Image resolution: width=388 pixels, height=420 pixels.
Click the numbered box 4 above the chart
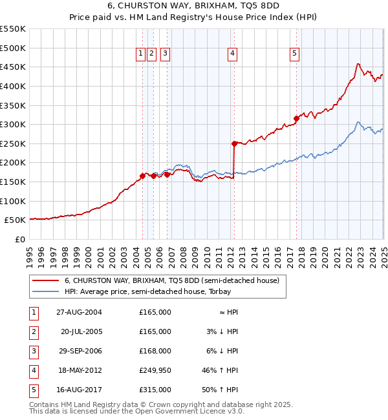(232, 54)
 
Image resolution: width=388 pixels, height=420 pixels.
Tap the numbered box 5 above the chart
(294, 54)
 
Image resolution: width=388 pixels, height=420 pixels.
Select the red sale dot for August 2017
(296, 118)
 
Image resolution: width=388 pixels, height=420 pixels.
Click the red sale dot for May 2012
(234, 143)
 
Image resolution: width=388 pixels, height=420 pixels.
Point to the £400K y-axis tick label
(13, 86)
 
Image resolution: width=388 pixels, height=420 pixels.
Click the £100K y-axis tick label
(13, 201)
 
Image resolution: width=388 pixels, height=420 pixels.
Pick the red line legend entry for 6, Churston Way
(171, 280)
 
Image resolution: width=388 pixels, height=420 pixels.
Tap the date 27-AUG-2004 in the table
(80, 312)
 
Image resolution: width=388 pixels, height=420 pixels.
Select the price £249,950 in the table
(155, 370)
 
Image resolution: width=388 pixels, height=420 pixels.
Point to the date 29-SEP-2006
(80, 351)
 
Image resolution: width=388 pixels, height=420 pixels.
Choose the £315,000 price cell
(155, 390)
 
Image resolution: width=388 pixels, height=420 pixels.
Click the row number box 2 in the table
(32, 331)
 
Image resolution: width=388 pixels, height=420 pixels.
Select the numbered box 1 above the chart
(140, 54)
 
